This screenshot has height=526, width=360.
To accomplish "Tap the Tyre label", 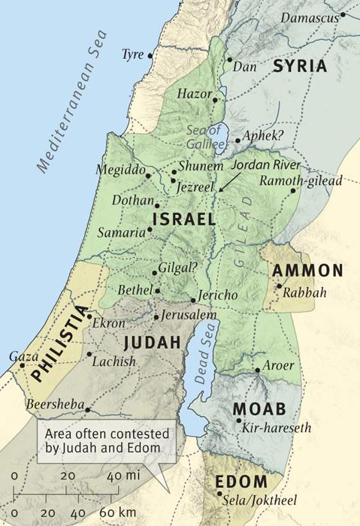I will pyautogui.click(x=132, y=55).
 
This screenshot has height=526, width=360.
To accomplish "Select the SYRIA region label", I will pyautogui.click(x=300, y=66).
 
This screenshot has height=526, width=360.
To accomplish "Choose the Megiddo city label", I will pyautogui.click(x=119, y=169).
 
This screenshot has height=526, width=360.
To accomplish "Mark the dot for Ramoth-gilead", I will pyautogui.click(x=292, y=190).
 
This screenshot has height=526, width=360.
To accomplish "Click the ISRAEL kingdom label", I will pyautogui.click(x=183, y=219).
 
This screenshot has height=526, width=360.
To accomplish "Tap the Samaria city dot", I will pyautogui.click(x=150, y=231).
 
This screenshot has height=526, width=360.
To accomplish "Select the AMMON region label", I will pyautogui.click(x=307, y=271).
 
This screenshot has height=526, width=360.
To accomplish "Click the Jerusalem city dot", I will pyautogui.click(x=156, y=317).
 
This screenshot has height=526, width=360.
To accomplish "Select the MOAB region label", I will pyautogui.click(x=259, y=409).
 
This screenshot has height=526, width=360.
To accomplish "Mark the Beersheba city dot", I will pyautogui.click(x=88, y=410).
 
